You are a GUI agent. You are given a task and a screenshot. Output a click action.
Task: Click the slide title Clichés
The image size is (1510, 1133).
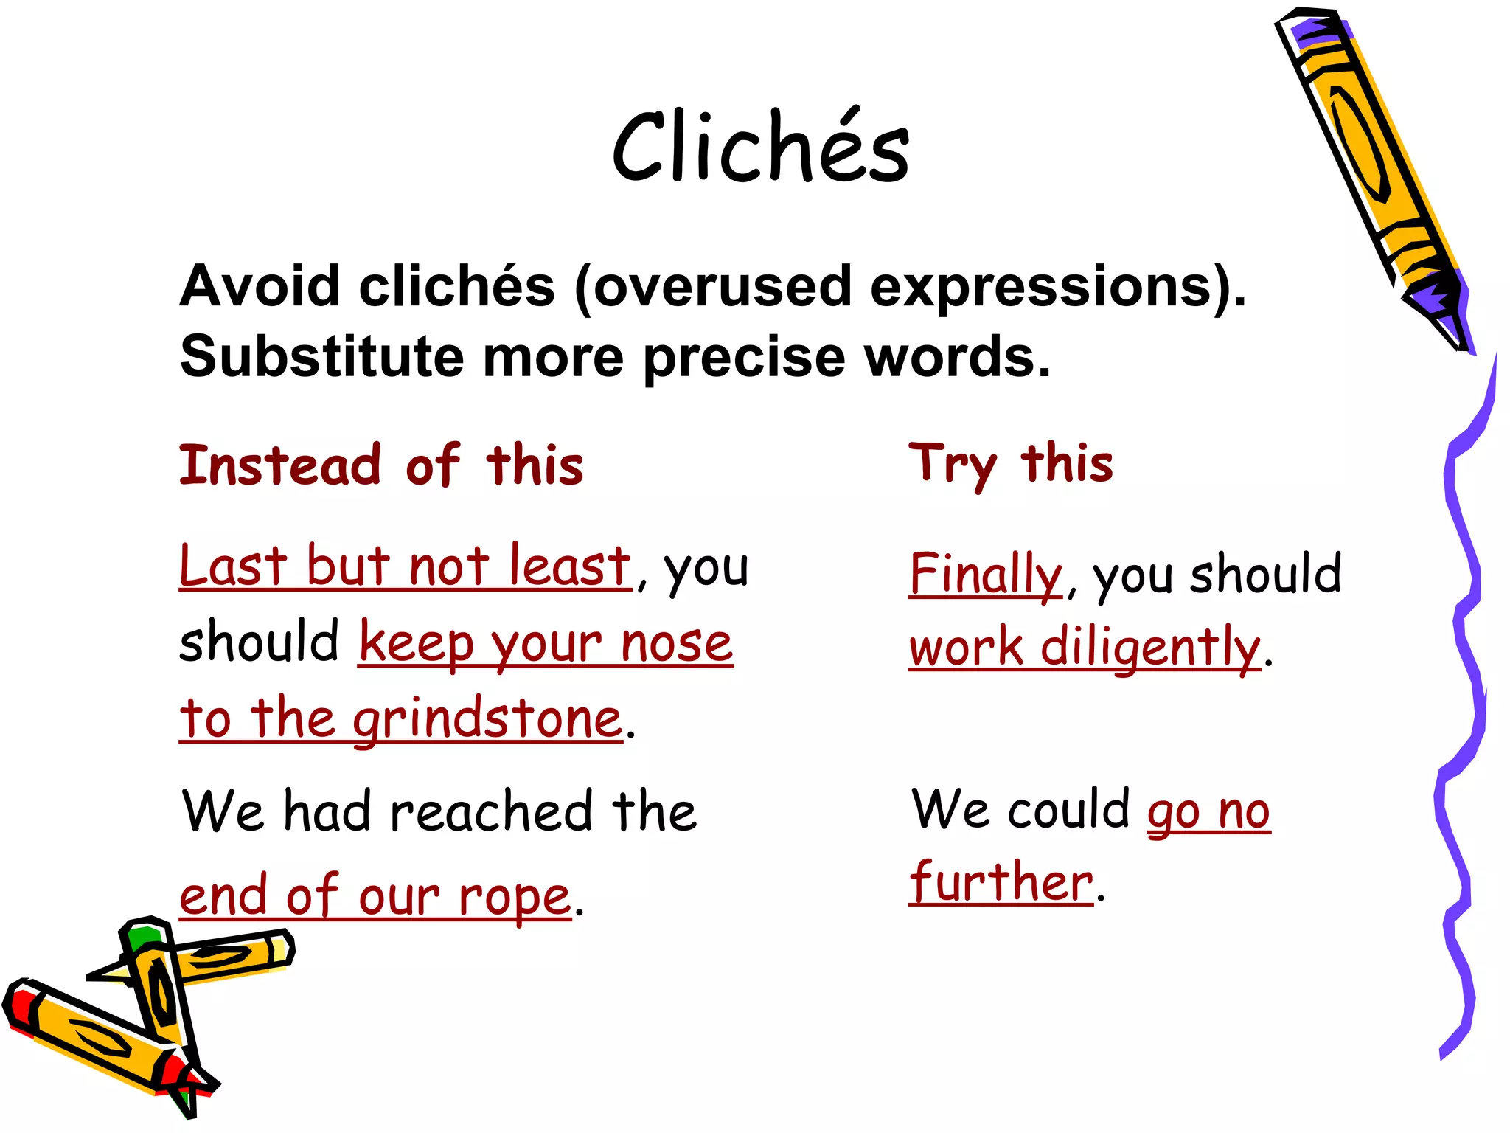(x=760, y=148)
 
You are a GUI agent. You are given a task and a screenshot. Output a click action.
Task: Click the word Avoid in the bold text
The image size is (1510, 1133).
(x=260, y=286)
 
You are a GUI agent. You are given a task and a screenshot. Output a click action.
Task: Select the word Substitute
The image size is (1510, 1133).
(x=321, y=357)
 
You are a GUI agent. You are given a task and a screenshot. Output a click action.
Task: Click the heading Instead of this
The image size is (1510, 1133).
(x=381, y=465)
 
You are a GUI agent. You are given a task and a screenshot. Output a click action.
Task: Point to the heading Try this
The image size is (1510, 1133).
(x=1011, y=465)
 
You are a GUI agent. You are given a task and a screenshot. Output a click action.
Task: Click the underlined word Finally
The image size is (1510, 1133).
(x=985, y=575)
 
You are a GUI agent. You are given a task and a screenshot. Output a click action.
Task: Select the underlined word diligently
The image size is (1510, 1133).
(x=1150, y=647)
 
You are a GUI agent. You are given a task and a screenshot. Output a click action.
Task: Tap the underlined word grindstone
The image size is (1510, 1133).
(x=487, y=719)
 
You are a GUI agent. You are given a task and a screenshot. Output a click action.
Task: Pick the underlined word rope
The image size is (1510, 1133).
(x=514, y=898)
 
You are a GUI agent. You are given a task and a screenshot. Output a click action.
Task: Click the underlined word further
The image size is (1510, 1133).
(x=1001, y=882)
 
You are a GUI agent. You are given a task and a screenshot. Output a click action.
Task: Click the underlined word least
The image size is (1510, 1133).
(x=570, y=566)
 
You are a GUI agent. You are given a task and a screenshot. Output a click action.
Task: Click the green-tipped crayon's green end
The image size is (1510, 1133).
(x=142, y=937)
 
